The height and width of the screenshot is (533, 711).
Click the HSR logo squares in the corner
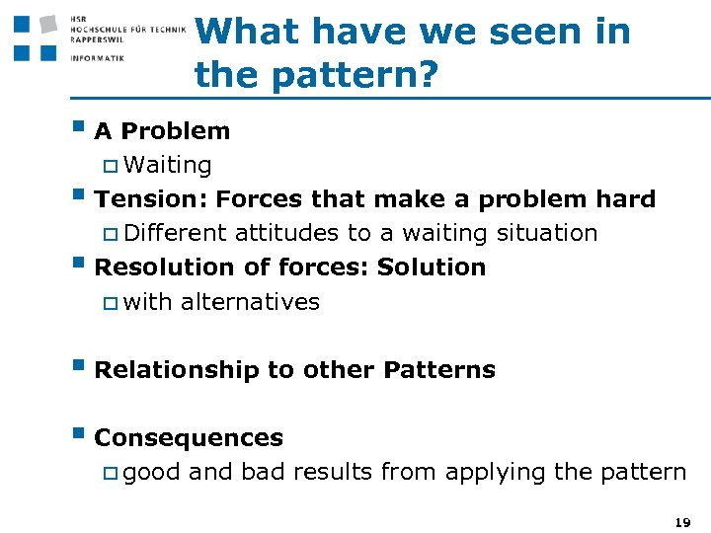[35, 37]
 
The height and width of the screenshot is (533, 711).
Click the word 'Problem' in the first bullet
[176, 131]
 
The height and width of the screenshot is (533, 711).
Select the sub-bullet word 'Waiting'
[168, 165]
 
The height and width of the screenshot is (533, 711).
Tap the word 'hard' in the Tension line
[624, 199]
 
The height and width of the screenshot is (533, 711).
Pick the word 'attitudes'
[284, 234]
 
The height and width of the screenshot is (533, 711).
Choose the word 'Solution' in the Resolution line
[432, 267]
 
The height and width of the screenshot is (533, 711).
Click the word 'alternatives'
[250, 302]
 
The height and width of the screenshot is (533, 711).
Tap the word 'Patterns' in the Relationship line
[439, 370]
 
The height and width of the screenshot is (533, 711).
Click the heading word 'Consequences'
[188, 438]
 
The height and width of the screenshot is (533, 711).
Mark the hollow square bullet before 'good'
[110, 474]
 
